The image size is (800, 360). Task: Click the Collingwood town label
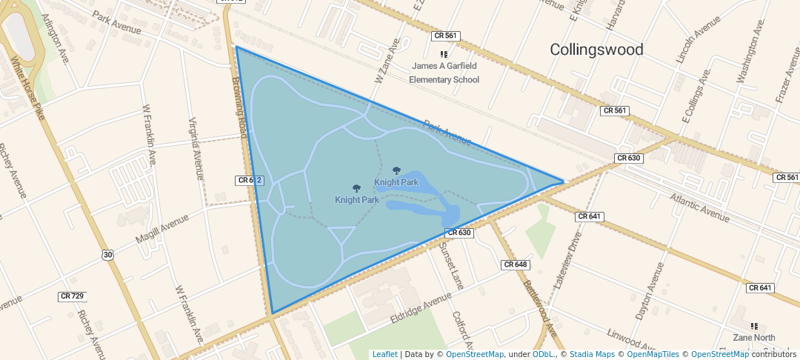[596, 50]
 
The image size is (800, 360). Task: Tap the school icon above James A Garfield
[444, 54]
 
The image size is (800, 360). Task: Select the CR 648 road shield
[515, 264]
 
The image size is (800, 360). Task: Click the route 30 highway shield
[108, 255]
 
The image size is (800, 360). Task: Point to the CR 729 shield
[72, 296]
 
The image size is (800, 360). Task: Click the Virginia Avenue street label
[196, 149]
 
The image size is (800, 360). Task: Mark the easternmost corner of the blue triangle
[564, 181]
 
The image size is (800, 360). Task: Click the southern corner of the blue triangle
[273, 313]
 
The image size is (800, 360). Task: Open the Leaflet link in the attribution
[384, 355]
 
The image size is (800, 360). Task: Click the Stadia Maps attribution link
[591, 355]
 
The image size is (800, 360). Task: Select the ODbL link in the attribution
[544, 355]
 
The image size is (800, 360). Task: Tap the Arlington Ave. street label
[56, 38]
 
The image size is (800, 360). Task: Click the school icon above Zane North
[754, 326]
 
